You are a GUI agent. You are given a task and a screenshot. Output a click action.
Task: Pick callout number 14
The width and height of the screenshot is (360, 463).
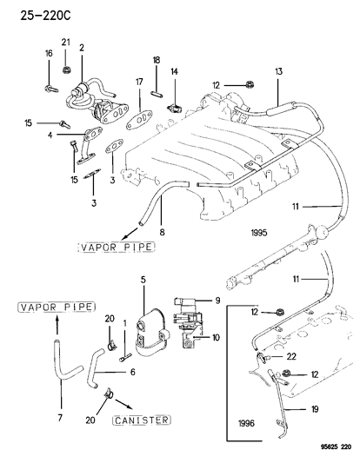(x=174, y=72)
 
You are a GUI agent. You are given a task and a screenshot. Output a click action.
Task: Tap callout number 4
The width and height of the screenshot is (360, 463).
(x=50, y=136)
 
